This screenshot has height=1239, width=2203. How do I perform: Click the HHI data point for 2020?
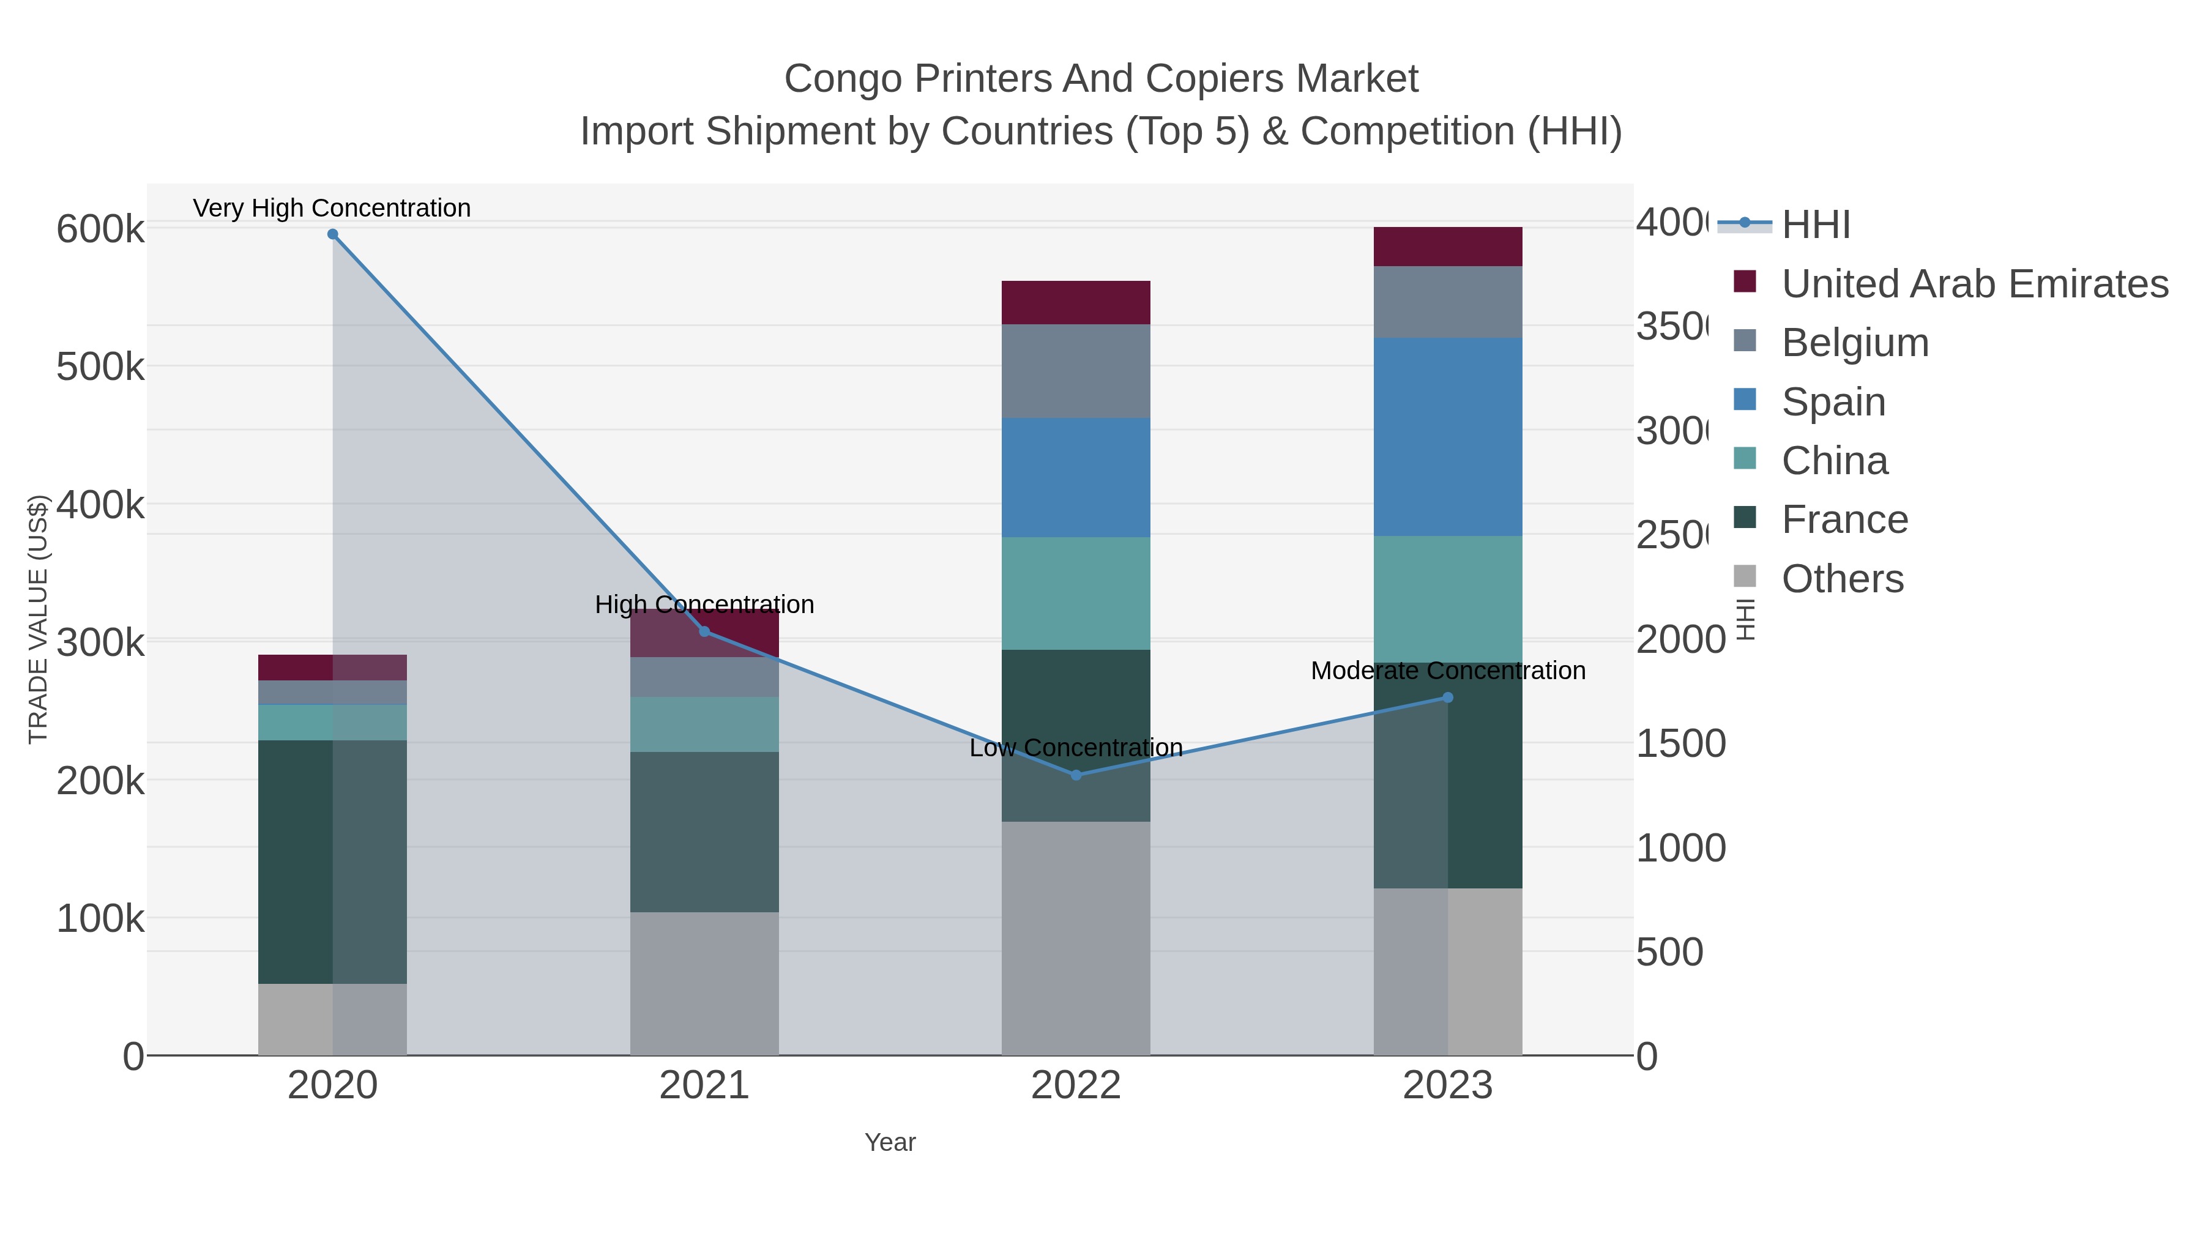click(x=333, y=234)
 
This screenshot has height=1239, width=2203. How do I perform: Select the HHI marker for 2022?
click(x=1076, y=775)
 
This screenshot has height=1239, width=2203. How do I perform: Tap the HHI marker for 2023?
click(x=1447, y=698)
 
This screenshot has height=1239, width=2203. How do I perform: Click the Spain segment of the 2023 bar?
click(x=1447, y=437)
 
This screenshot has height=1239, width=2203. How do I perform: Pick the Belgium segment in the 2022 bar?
click(x=1076, y=371)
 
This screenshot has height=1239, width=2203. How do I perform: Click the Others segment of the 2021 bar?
click(x=704, y=983)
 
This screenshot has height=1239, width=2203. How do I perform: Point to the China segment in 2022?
click(x=1076, y=593)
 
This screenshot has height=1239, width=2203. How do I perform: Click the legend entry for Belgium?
click(x=1854, y=343)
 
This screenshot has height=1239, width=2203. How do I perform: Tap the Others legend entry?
click(x=1842, y=579)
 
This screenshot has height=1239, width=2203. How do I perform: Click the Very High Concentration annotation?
click(x=332, y=209)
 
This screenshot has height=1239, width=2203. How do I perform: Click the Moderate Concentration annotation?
click(x=1447, y=671)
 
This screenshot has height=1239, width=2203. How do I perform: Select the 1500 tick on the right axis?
click(x=1680, y=744)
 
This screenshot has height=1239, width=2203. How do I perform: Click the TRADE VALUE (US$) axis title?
click(x=39, y=619)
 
